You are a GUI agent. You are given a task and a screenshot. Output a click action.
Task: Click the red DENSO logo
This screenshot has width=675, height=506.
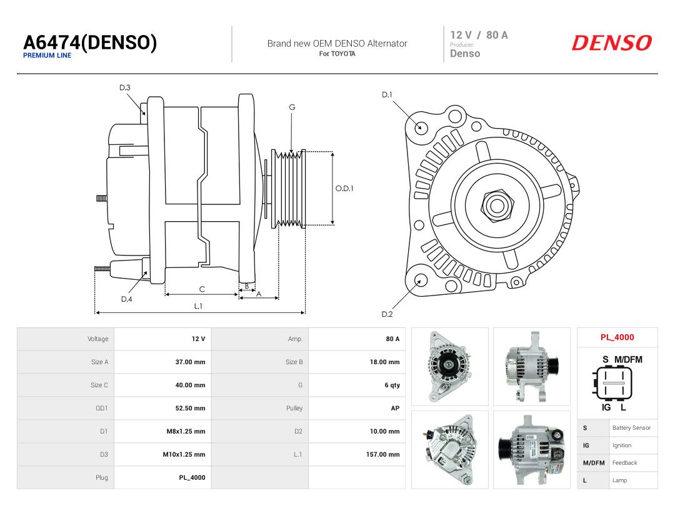612,42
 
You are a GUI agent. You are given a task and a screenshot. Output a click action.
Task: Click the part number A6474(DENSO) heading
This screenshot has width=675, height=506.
90,42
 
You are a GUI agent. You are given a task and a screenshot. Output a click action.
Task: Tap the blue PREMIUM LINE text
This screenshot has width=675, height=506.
47,56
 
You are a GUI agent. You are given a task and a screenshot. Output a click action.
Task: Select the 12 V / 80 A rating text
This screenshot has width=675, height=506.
479,35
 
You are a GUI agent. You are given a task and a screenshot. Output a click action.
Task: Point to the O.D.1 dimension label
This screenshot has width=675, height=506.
344,188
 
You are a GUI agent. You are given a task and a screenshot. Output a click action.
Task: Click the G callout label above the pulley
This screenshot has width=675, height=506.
292,107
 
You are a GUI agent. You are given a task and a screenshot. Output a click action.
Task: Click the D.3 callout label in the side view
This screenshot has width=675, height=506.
125,88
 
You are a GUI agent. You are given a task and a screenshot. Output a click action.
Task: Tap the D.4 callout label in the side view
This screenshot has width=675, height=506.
126,299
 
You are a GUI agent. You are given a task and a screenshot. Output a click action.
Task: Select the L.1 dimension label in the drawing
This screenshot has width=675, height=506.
198,306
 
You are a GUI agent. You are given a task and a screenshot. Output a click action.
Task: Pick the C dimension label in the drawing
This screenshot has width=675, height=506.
202,289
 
